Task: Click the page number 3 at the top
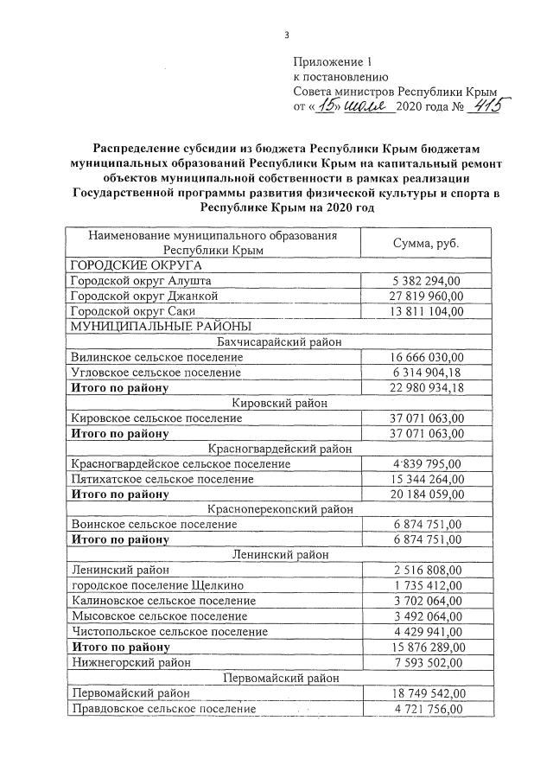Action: pos(285,35)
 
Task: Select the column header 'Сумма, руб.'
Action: pos(424,243)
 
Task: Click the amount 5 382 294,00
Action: pos(424,281)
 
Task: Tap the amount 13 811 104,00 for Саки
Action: pos(424,310)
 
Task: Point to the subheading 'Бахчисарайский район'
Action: pos(279,341)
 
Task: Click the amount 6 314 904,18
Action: pos(424,372)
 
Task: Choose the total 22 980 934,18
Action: pos(424,386)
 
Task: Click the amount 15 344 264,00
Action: pos(424,479)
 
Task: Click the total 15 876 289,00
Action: pos(424,647)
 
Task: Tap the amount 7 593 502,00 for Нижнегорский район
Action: pos(424,662)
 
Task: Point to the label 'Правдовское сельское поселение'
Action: pos(162,709)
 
